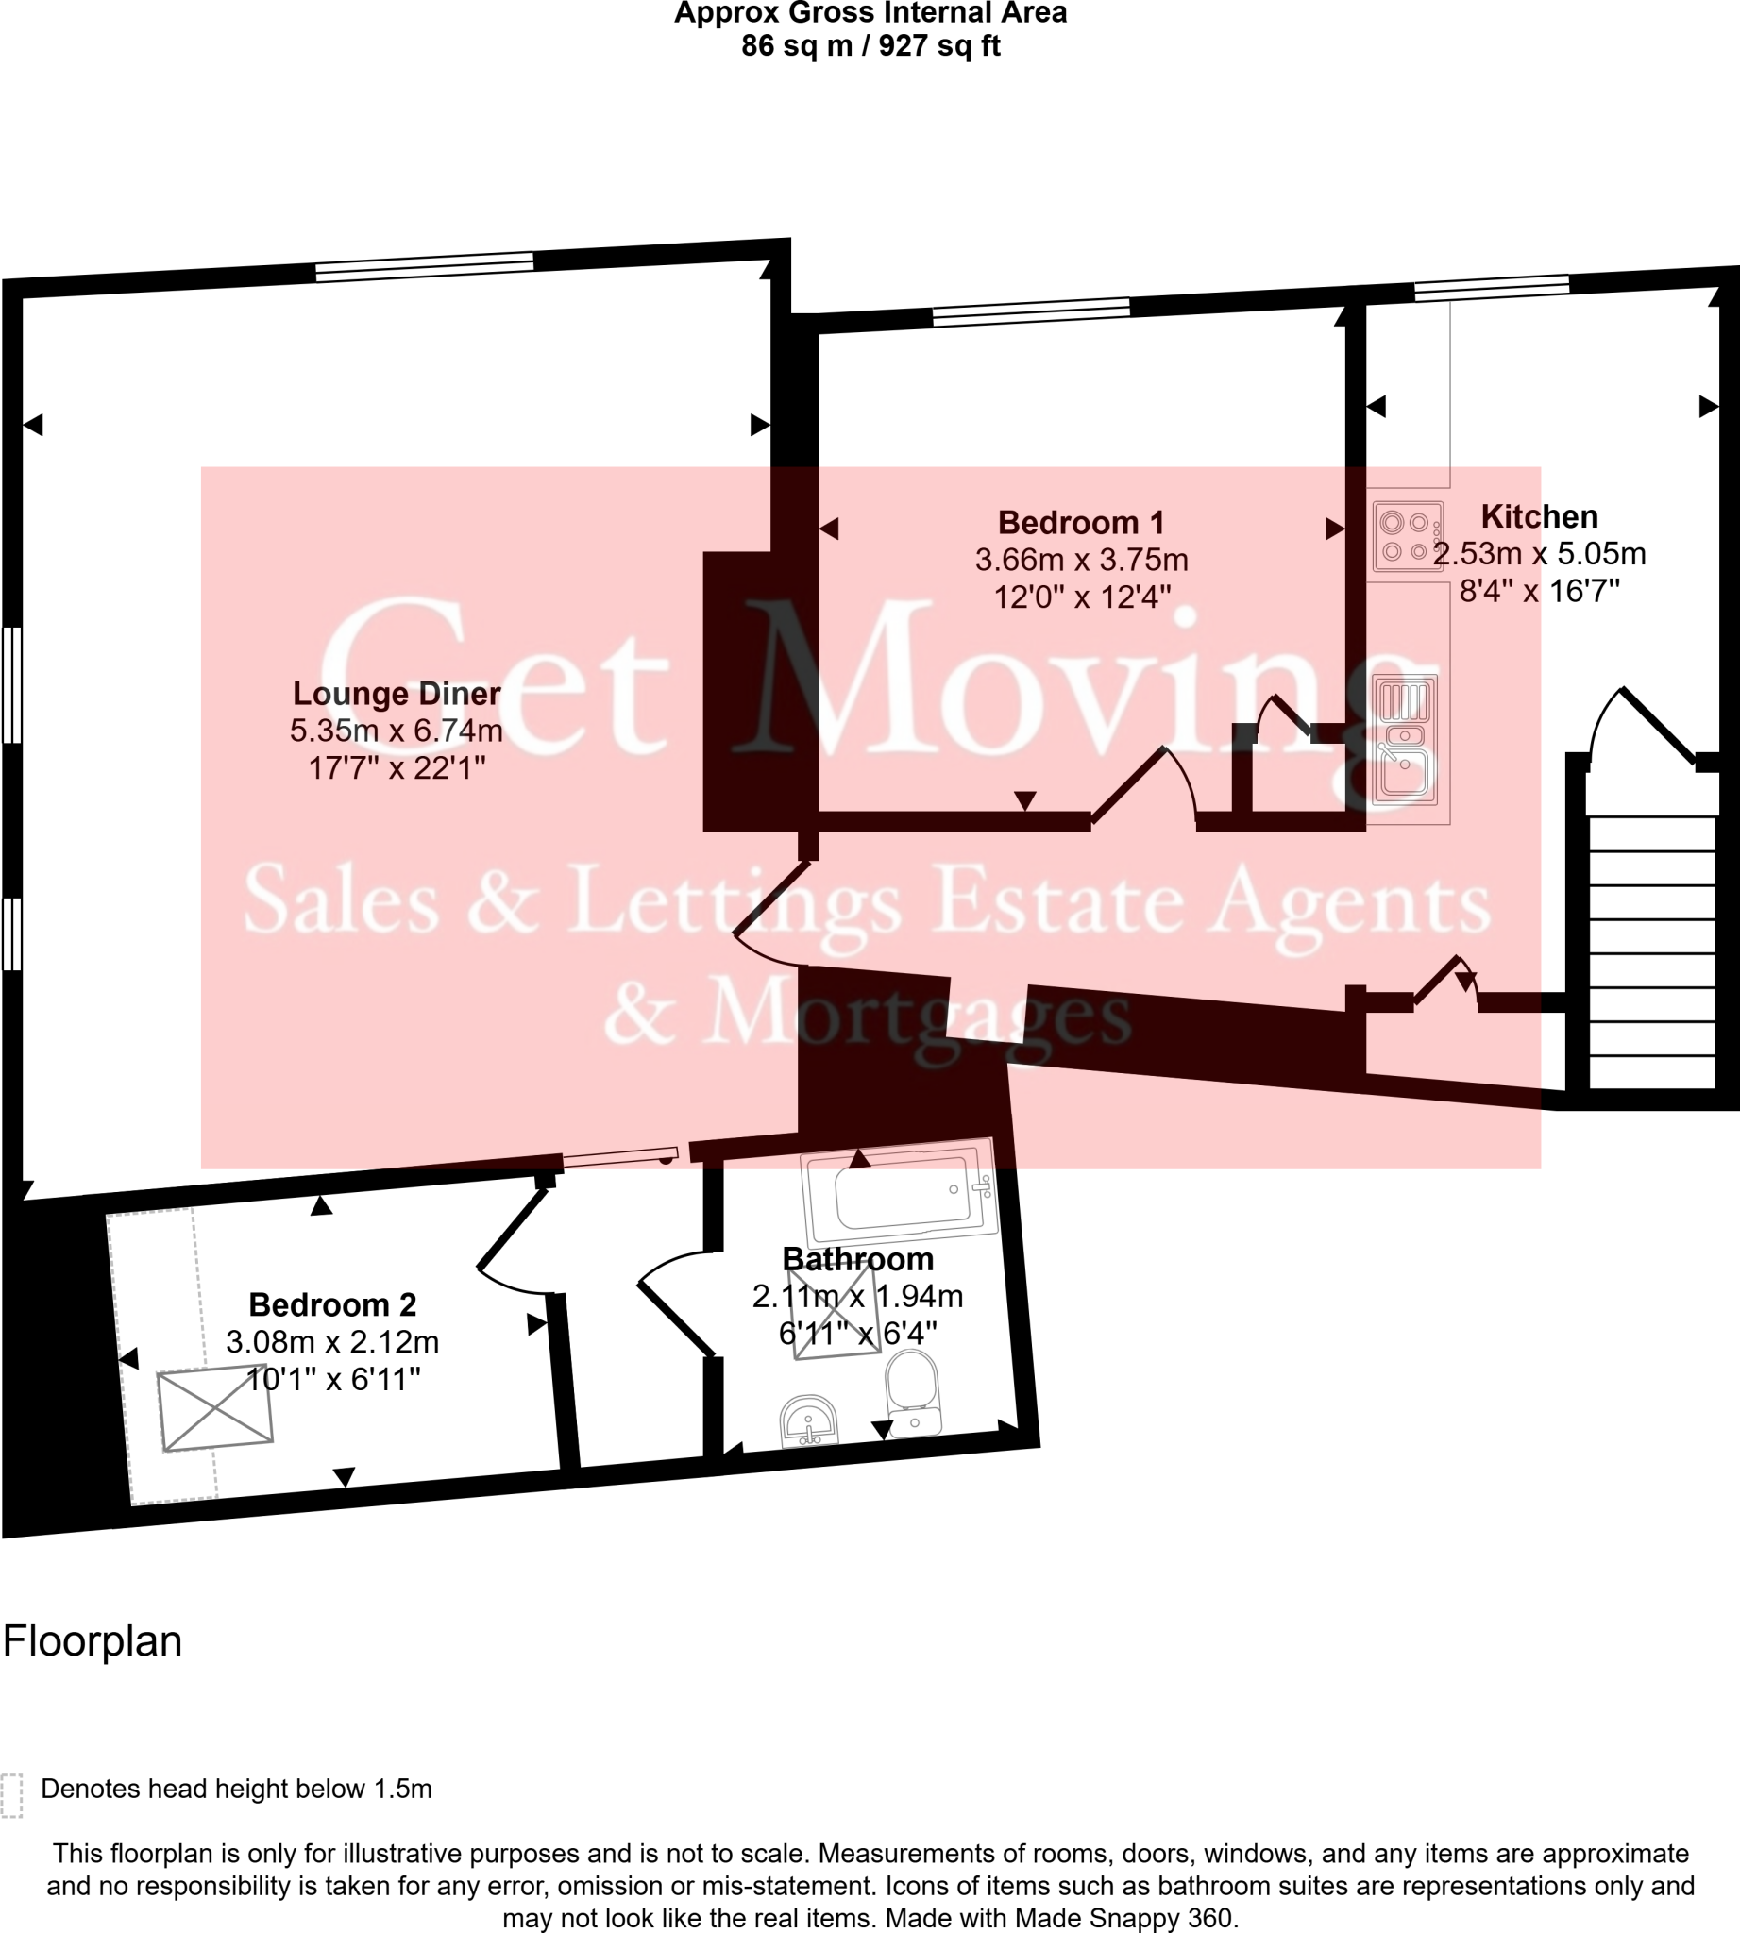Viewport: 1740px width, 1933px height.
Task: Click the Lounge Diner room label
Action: coord(396,693)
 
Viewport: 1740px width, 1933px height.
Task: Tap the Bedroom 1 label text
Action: coord(1080,523)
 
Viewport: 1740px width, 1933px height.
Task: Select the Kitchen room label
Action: coord(1538,516)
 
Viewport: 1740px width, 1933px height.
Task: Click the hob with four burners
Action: coord(1407,536)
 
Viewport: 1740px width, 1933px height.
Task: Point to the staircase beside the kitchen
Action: coord(1651,951)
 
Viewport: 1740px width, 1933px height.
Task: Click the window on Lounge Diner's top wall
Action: coord(425,267)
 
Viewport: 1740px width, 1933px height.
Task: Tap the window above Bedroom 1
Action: coord(1031,311)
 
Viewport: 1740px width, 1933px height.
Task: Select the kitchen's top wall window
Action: coord(1492,288)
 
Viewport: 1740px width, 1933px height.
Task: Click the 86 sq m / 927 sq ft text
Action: coord(870,45)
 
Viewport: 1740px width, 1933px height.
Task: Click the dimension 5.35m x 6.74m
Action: coord(396,731)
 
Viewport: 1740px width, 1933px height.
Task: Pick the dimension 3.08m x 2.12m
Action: coord(331,1341)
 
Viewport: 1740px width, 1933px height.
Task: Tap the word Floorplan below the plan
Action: coord(93,1640)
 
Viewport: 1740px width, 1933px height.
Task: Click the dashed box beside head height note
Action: coord(11,1794)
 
